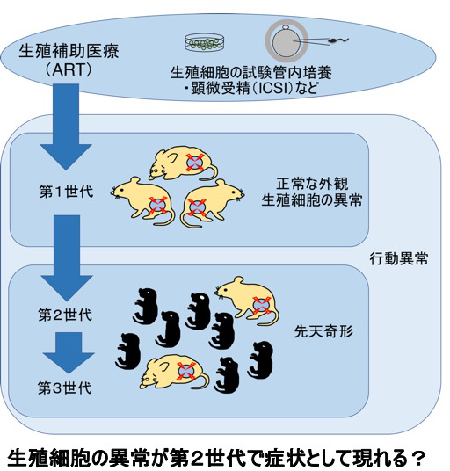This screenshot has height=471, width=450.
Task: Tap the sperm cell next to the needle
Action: [x=338, y=40]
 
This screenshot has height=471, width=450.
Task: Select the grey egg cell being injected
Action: [x=287, y=41]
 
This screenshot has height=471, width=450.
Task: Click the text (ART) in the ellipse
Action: [x=69, y=69]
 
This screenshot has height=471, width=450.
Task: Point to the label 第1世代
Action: [x=66, y=192]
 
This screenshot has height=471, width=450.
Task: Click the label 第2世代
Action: [x=65, y=315]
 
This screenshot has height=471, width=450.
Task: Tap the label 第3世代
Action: [x=64, y=388]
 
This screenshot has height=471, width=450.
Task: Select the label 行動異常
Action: [x=399, y=258]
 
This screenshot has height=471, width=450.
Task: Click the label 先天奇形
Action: [x=323, y=331]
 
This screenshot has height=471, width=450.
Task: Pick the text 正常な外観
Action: [x=312, y=184]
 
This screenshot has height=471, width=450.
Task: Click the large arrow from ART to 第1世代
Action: [x=66, y=127]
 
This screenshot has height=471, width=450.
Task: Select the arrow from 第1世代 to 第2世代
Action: [x=67, y=258]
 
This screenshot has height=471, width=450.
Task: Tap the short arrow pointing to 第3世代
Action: [x=69, y=352]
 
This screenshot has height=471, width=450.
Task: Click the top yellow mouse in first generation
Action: [x=183, y=163]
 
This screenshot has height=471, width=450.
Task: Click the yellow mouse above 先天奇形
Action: [x=247, y=301]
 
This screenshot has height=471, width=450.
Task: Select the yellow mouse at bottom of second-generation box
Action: [x=174, y=372]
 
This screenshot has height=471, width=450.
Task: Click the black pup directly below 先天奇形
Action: [x=260, y=359]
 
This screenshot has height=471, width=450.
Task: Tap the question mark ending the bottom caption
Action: [x=417, y=458]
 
